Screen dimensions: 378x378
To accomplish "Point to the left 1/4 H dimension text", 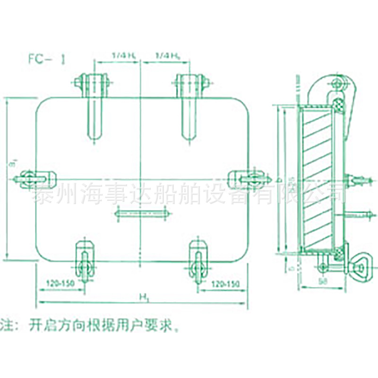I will coord(124,56).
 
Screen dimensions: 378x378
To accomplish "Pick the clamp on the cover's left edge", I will coord(33,178).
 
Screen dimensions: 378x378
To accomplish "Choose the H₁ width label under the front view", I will coord(142,297).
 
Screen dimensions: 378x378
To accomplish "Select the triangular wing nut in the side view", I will coord(362,268).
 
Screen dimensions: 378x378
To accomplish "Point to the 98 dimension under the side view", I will coord(323,281).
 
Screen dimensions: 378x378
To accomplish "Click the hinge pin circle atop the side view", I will coord(337,85).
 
